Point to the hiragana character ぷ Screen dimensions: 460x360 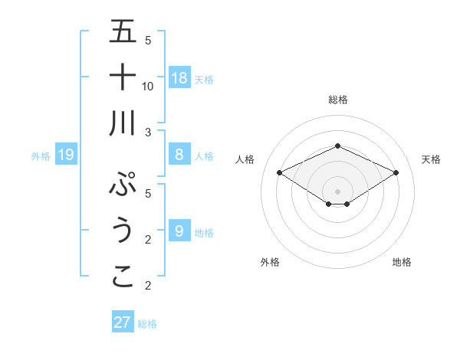click(123, 185)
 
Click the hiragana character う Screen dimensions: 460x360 click(123, 230)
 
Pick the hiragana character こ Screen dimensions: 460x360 click(123, 276)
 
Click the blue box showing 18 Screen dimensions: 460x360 click(179, 77)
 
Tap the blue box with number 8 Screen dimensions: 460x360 click(179, 155)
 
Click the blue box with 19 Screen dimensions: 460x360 click(65, 155)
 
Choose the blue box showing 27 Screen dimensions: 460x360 click(123, 322)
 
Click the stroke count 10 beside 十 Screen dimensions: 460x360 click(148, 86)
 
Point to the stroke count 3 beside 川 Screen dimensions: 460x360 click(148, 132)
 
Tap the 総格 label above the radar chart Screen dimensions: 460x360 click(337, 100)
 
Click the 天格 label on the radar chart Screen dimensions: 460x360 click(431, 159)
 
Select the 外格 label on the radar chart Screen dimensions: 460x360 click(270, 262)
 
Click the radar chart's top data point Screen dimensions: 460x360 click(337, 146)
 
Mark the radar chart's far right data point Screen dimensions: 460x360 click(396, 172)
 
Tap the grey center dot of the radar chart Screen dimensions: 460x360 click(337, 190)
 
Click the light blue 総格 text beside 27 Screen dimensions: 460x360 click(147, 324)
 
